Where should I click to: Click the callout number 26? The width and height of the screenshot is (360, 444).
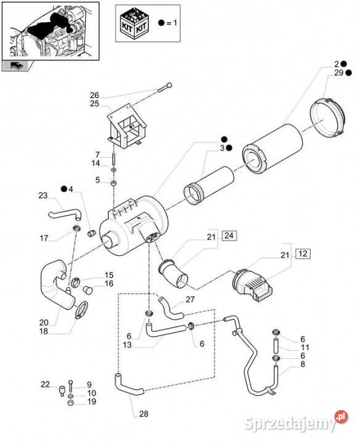point(94,95)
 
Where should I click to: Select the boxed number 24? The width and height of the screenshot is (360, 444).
point(229,236)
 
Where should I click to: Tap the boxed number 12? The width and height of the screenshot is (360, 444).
point(303,253)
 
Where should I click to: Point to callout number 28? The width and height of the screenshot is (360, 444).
point(144,414)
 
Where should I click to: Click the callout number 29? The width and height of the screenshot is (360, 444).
point(338,73)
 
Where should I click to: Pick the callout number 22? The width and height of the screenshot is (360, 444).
point(45,384)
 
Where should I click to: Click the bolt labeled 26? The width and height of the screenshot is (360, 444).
point(165,87)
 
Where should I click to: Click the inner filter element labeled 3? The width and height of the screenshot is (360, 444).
point(208,184)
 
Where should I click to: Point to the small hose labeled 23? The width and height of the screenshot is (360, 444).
point(65,215)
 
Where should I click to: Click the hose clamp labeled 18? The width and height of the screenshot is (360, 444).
point(81,310)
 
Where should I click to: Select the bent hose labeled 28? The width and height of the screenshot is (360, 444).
point(129,385)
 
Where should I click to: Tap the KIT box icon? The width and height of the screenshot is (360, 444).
point(134,22)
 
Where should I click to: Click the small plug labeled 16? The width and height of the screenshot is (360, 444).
point(87,290)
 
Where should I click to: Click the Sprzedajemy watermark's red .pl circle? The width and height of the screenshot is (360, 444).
point(342,417)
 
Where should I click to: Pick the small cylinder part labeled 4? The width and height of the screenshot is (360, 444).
point(91,233)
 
